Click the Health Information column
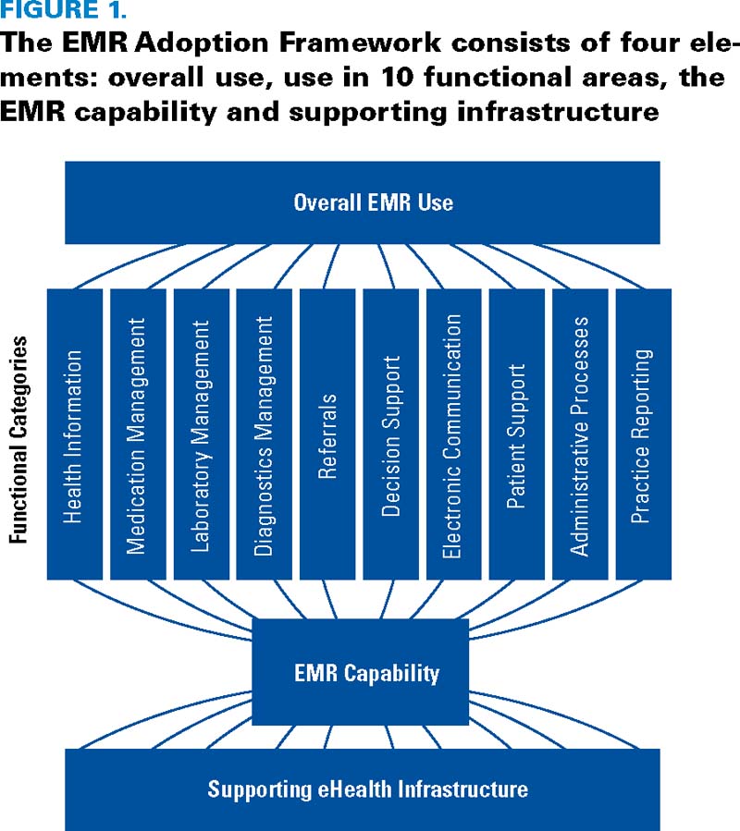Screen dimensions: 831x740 tap(74, 434)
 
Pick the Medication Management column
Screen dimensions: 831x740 tap(137, 434)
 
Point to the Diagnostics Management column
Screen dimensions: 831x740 tap(264, 434)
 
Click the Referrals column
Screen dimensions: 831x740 tap(327, 434)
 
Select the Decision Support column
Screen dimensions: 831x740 tap(390, 434)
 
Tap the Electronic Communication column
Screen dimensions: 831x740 tap(453, 434)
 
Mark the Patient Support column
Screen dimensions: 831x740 tap(516, 434)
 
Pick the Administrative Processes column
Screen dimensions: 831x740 tap(580, 434)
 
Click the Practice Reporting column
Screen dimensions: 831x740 tap(643, 434)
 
